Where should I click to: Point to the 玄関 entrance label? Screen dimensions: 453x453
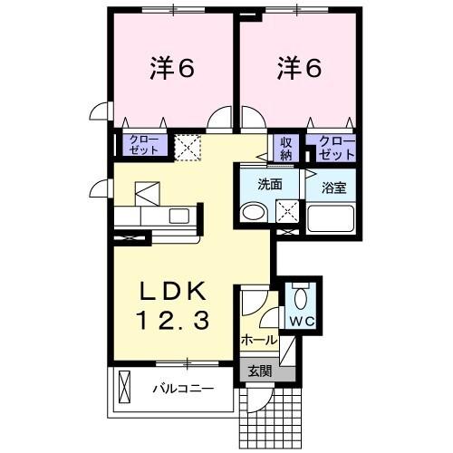click(259, 371)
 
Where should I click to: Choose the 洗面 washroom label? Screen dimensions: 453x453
click(270, 184)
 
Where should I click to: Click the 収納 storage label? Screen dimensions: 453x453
click(285, 148)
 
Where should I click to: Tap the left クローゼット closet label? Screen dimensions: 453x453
click(145, 145)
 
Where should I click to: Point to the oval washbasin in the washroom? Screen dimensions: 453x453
click(253, 214)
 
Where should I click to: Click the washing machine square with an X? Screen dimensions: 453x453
click(287, 210)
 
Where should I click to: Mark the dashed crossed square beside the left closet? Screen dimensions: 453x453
click(188, 147)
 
